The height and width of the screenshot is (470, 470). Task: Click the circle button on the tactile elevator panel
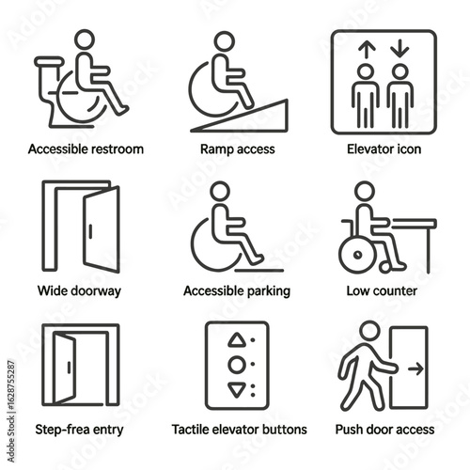coord(237,365)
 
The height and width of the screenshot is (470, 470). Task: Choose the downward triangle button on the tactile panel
coord(237,386)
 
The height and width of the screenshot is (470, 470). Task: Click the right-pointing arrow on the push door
coord(413,370)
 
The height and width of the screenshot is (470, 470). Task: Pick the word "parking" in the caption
coord(266,290)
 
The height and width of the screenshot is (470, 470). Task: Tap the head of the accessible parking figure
coord(219,192)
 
